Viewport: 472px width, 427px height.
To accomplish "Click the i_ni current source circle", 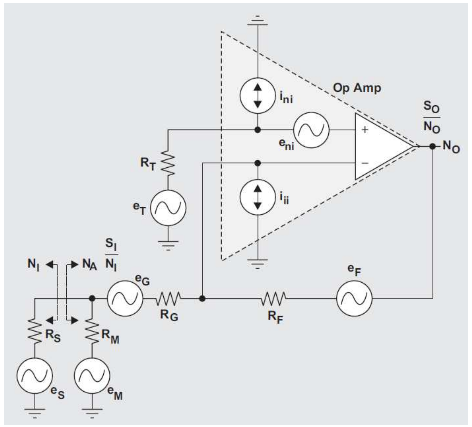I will pos(257,96).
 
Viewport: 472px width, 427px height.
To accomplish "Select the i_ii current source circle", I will pos(257,197).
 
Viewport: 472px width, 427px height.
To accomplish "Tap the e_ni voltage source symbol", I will pos(311,130).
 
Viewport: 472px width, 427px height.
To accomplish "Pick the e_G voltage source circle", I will pos(125,298).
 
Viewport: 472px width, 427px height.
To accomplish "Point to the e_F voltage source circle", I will pos(354,298).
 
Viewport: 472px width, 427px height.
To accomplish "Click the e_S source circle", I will pos(35,376).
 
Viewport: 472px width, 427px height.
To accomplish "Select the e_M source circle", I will pos(92,376).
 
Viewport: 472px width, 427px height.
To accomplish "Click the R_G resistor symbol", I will pos(169,298).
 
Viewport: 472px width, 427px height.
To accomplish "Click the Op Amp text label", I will pos(357,88).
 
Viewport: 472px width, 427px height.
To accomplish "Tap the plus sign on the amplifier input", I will pos(365,130).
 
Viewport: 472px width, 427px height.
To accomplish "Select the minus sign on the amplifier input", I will pos(365,163).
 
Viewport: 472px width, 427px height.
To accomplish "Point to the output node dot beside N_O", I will pos(433,146).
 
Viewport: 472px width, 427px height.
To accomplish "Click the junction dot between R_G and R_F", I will pos(202,298).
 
